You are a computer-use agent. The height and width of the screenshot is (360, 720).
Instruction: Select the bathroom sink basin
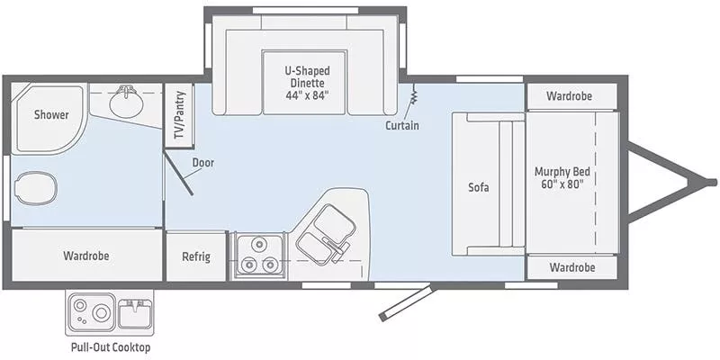(x=126, y=103)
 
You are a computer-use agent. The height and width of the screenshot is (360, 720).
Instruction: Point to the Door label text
(x=202, y=163)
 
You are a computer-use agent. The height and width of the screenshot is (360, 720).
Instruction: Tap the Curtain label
(x=401, y=125)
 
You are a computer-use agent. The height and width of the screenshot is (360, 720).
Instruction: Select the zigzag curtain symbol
(x=414, y=96)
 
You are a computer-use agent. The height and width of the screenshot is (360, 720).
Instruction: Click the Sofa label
(x=478, y=188)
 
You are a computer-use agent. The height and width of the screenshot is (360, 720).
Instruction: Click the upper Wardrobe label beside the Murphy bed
(x=571, y=95)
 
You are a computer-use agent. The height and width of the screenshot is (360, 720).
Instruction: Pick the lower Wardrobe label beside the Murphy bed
(x=571, y=267)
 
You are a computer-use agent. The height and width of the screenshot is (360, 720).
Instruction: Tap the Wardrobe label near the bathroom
(x=86, y=256)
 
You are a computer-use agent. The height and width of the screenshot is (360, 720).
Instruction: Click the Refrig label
(x=195, y=256)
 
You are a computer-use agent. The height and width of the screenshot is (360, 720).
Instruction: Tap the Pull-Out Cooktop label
(x=111, y=347)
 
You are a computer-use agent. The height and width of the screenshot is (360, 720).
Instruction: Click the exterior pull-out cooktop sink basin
(x=135, y=312)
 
